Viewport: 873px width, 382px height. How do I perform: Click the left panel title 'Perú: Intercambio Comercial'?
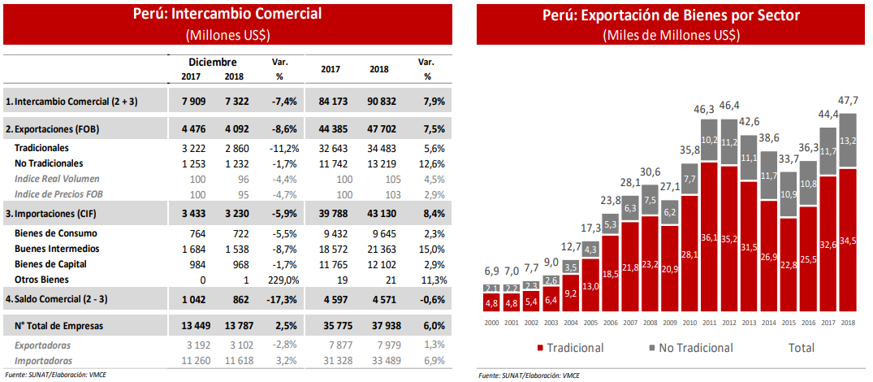point(228,14)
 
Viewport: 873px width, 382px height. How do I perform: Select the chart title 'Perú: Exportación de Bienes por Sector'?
point(670,15)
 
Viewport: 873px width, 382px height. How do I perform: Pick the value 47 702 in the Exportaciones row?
point(378,128)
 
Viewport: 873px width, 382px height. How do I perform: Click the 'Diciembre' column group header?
point(213,62)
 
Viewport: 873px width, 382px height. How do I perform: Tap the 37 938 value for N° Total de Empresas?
point(378,326)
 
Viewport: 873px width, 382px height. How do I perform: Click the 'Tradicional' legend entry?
point(568,348)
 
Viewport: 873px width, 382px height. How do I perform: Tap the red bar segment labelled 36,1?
point(708,237)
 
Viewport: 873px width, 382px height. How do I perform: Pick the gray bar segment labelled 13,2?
point(848,141)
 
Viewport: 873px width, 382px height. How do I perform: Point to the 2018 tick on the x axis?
point(848,322)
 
